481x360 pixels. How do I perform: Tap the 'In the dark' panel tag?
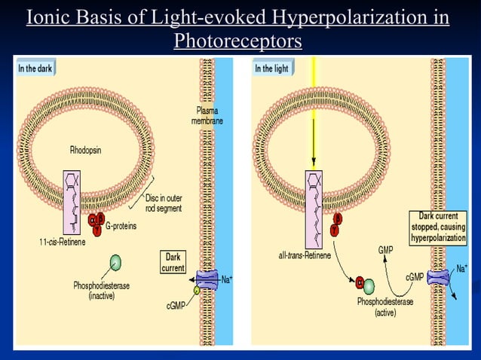pos(35,69)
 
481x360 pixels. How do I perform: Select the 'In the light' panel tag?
pos(272,69)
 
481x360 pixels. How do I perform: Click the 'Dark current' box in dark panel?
pos(173,262)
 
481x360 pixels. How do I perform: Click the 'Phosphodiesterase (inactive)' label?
pos(100,291)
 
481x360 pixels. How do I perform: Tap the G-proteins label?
pos(121,225)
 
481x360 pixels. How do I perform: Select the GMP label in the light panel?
pos(385,249)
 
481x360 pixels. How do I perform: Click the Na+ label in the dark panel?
pos(225,279)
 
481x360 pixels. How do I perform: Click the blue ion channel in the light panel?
pos(438,277)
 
